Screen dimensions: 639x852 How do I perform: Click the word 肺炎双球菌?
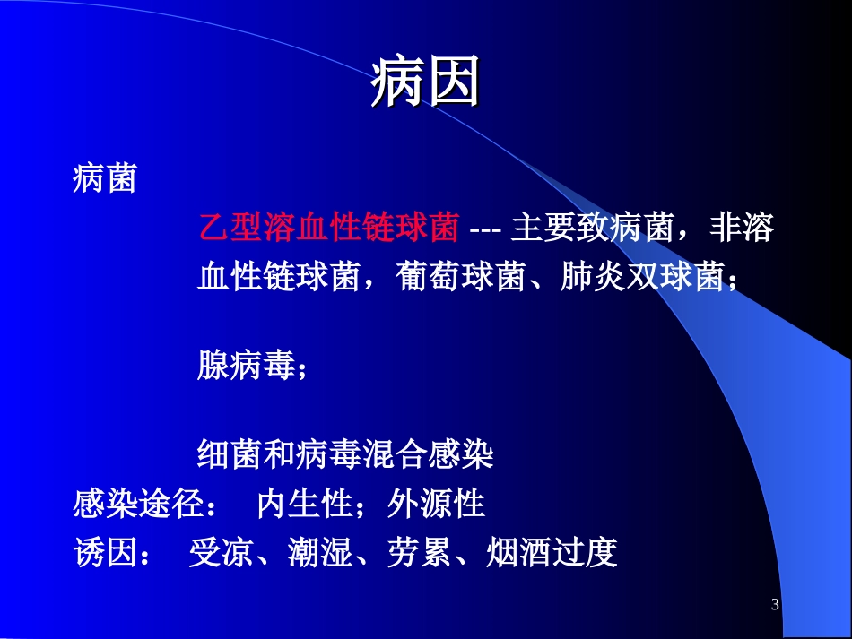pyautogui.click(x=641, y=279)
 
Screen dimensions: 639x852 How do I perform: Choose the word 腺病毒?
pyautogui.click(x=246, y=367)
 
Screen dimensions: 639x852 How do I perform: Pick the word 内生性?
pyautogui.click(x=304, y=505)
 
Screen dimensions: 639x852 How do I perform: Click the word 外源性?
pyautogui.click(x=436, y=505)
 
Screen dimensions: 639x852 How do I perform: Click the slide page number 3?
pyautogui.click(x=775, y=606)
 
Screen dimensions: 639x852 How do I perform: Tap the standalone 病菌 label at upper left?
pyautogui.click(x=104, y=180)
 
